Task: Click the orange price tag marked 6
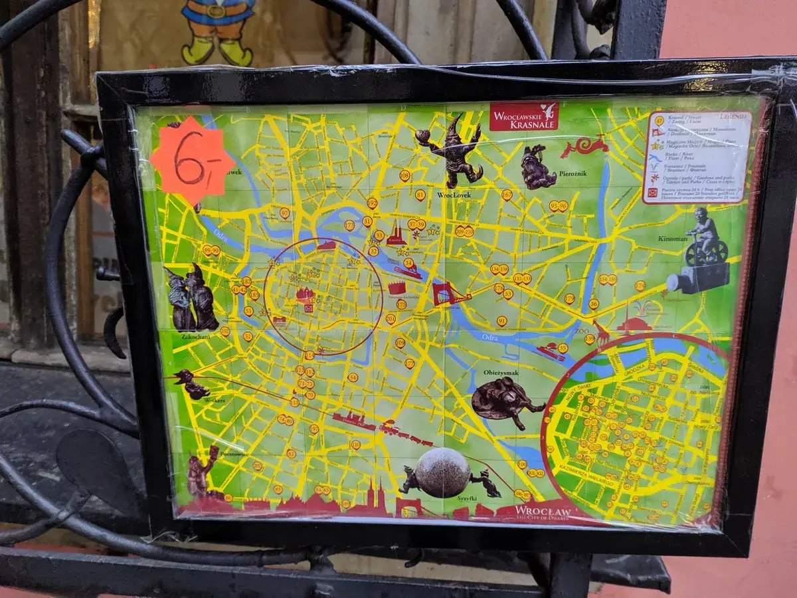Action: coord(191,161)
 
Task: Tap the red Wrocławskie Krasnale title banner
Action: coord(524,116)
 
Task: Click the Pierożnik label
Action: coord(573,173)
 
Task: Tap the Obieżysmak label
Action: coord(501,373)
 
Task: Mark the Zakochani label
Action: coord(190,337)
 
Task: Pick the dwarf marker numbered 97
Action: coord(284,213)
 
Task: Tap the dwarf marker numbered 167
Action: coord(507,195)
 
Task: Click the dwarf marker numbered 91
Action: coord(501,321)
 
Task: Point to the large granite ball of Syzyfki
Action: coord(443,473)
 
